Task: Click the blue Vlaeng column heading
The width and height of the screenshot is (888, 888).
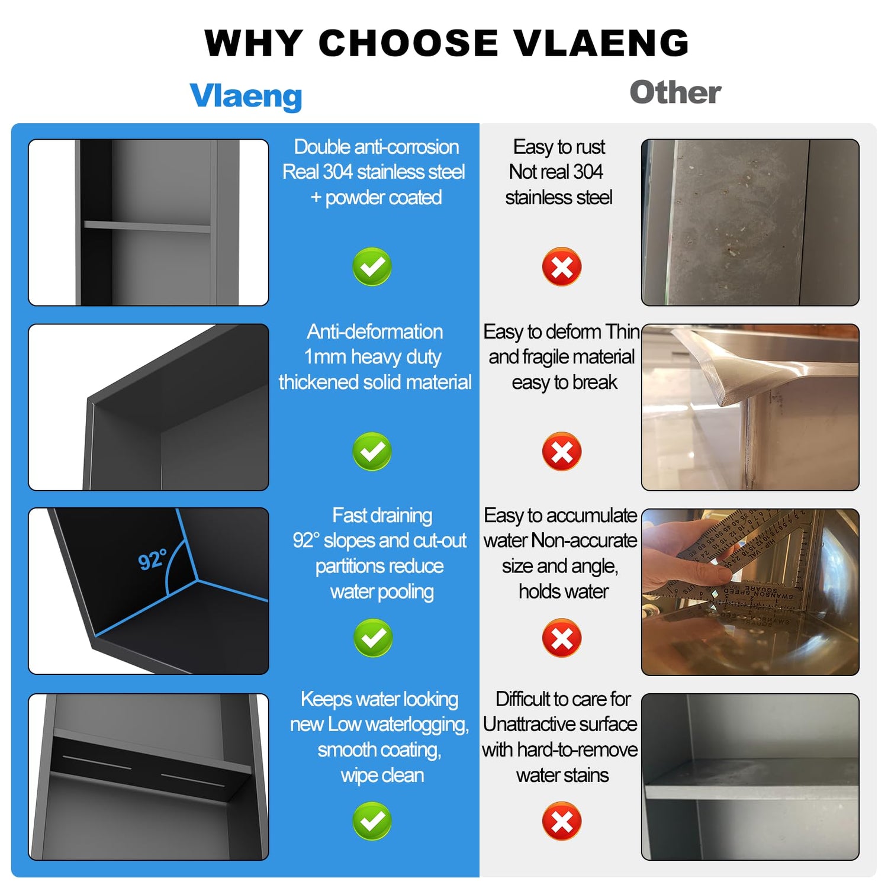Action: coord(246,95)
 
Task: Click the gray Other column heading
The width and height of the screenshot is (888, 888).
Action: coord(675,92)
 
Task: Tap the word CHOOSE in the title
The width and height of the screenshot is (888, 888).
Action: coord(408,43)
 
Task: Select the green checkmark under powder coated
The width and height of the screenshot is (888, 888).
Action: coord(372,266)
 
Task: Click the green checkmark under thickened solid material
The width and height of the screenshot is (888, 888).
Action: coord(372,451)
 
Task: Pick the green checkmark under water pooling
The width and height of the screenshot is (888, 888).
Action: coord(373,638)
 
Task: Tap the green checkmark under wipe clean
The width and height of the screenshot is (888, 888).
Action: coord(372,821)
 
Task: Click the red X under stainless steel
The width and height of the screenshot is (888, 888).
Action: coord(562,266)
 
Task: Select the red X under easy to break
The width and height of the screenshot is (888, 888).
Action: coord(562,451)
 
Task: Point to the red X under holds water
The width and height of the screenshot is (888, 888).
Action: coord(562,638)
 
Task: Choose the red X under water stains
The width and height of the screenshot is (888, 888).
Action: coord(562,821)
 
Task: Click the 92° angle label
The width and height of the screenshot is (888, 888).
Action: coord(152,559)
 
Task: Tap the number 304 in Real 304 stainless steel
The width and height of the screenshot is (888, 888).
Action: coord(338,172)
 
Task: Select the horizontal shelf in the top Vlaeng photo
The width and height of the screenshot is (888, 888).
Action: coord(147,226)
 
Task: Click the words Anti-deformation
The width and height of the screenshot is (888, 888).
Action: coord(375,332)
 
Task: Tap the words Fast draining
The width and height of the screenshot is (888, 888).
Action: coord(382,516)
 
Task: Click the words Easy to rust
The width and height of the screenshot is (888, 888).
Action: coord(559,147)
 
